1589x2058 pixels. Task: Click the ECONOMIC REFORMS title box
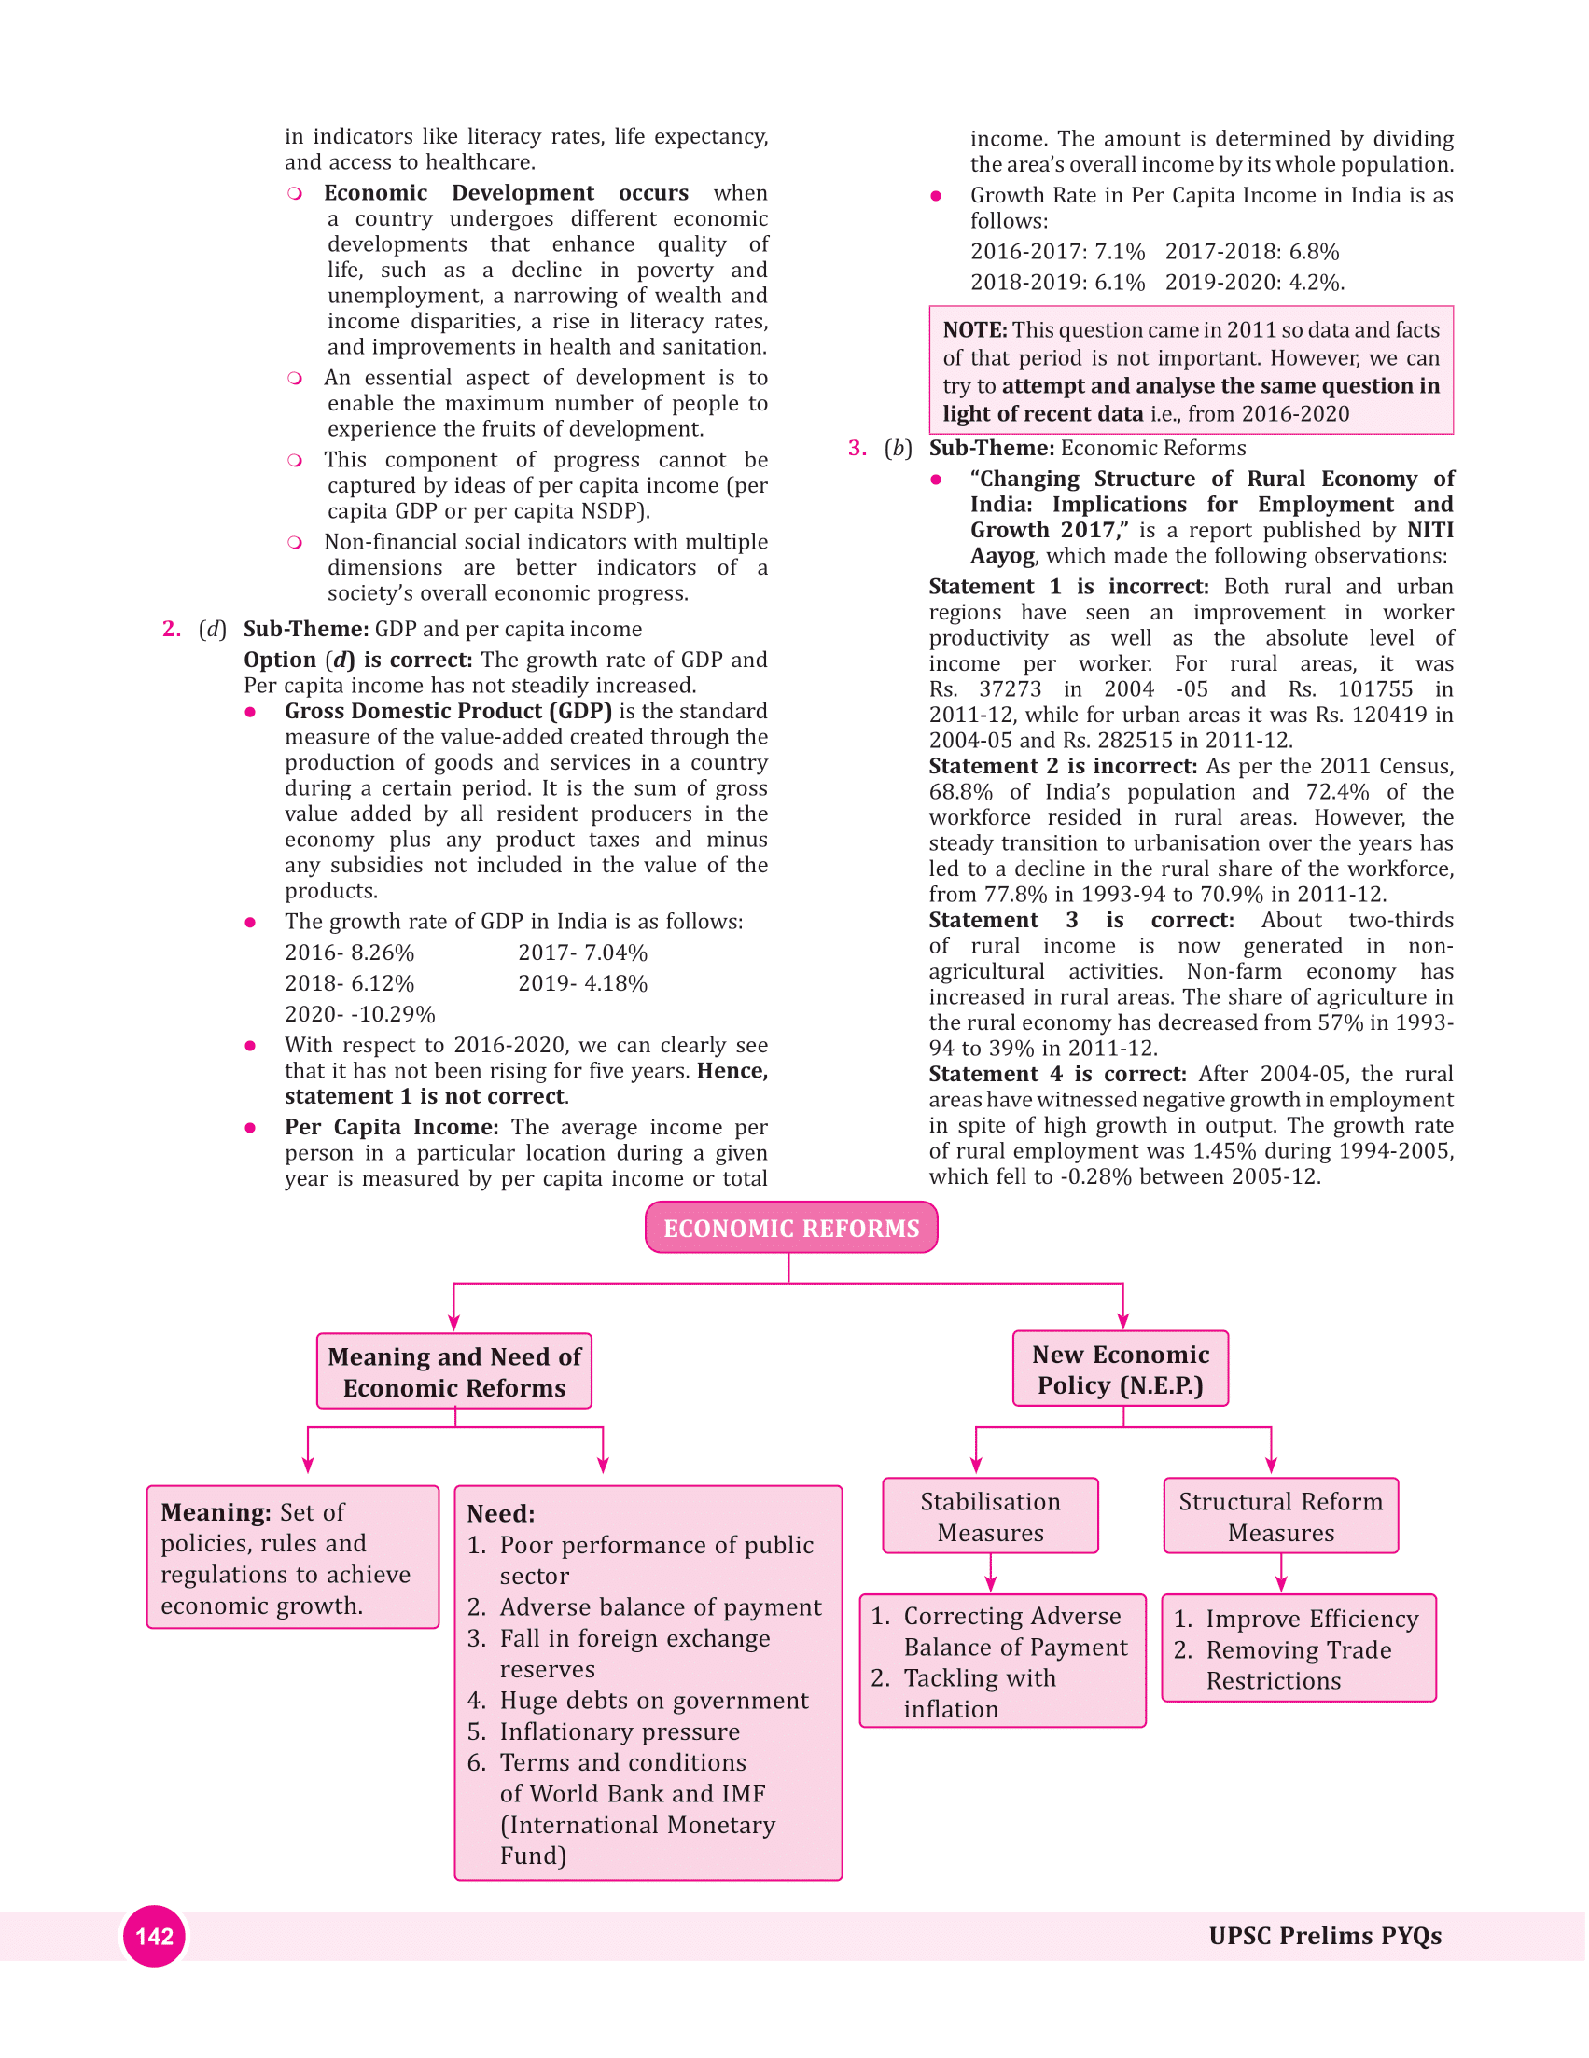(790, 1227)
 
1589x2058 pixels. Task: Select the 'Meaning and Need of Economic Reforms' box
(454, 1371)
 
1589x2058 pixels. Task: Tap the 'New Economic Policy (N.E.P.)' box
(1120, 1369)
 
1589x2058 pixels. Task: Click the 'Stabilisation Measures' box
(990, 1515)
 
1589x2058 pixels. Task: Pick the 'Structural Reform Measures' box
(1280, 1515)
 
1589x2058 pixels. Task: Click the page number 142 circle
(155, 1936)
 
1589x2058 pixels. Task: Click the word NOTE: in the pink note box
(974, 330)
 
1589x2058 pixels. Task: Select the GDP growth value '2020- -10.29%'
(360, 1014)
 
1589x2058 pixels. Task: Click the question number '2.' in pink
(172, 629)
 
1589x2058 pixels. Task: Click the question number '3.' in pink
(857, 448)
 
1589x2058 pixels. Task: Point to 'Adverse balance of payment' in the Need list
(660, 1606)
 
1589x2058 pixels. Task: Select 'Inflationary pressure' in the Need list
(620, 1731)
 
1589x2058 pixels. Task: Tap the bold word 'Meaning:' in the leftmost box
(216, 1511)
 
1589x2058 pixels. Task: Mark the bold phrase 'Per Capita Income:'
(391, 1127)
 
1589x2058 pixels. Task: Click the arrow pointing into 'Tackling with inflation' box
(991, 1574)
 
